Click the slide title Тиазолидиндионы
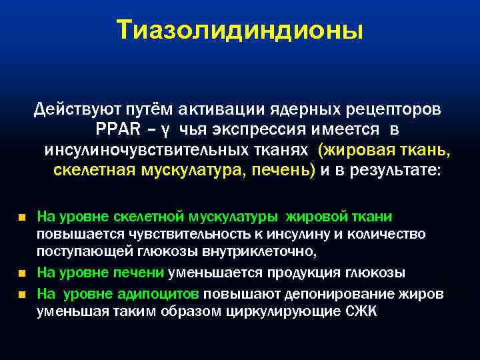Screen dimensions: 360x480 (240, 31)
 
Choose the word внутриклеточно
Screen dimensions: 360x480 (265, 253)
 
